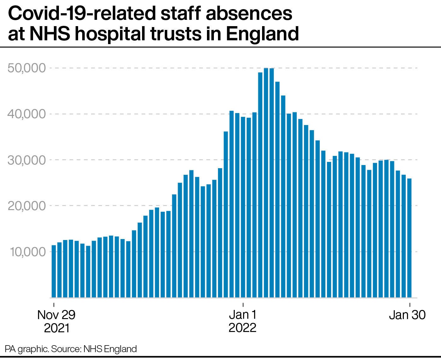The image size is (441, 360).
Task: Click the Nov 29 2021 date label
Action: coord(56,321)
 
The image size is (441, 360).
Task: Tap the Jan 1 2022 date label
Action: coord(243,321)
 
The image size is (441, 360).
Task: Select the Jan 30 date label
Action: coord(407,315)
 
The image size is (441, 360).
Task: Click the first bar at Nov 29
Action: coord(54,271)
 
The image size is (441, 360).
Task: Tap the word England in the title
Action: coord(262,34)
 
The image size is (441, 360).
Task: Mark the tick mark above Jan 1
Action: coord(243,305)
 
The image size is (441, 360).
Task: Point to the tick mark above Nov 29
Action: coord(54,305)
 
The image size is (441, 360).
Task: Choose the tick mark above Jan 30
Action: coord(409,305)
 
